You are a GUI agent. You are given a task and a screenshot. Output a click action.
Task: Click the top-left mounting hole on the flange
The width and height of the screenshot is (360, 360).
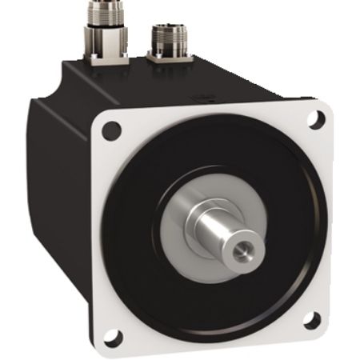pyautogui.click(x=113, y=128)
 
